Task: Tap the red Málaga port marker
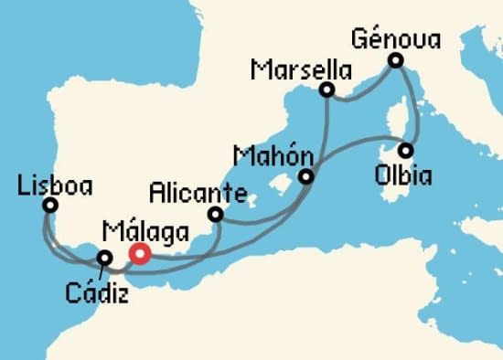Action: [x=139, y=254]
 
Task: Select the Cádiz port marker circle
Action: [x=106, y=259]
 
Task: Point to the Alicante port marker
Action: [x=216, y=215]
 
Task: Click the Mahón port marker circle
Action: [x=307, y=176]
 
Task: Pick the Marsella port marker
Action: [x=326, y=90]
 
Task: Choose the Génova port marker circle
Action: [x=395, y=60]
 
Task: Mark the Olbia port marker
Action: [x=405, y=150]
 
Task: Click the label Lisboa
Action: [x=55, y=186]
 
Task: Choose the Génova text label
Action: [x=396, y=38]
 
